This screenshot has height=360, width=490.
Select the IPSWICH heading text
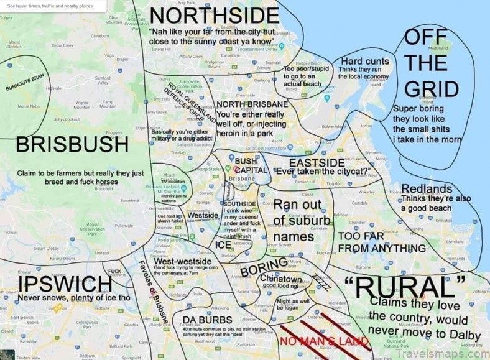click(x=65, y=285)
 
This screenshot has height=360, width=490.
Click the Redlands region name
click(x=427, y=189)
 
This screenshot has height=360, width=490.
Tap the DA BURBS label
click(x=203, y=320)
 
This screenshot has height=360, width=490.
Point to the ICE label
click(x=223, y=245)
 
